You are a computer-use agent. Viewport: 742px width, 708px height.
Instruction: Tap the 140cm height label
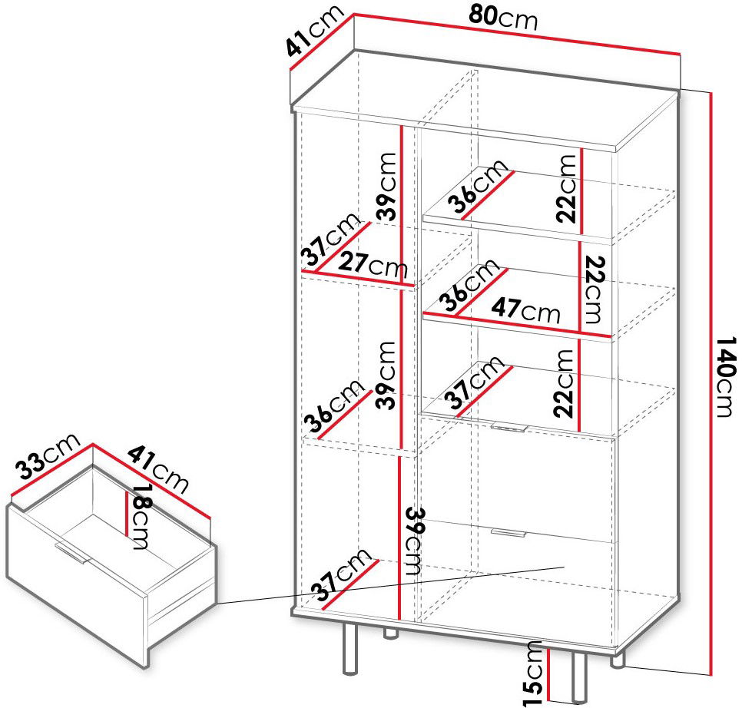tap(727, 376)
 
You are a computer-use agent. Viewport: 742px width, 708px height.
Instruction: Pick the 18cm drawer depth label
tap(142, 517)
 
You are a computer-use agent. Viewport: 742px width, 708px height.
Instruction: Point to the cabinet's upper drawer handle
tap(509, 428)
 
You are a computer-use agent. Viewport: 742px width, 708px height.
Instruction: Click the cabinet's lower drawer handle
tap(508, 533)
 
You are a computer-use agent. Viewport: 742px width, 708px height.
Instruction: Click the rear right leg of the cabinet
tap(618, 660)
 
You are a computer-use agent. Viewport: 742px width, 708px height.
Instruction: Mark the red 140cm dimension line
tap(711, 383)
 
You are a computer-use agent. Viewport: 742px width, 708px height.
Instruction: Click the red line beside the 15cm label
tap(548, 675)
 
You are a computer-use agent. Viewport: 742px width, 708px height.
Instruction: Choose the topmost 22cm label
tap(566, 188)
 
